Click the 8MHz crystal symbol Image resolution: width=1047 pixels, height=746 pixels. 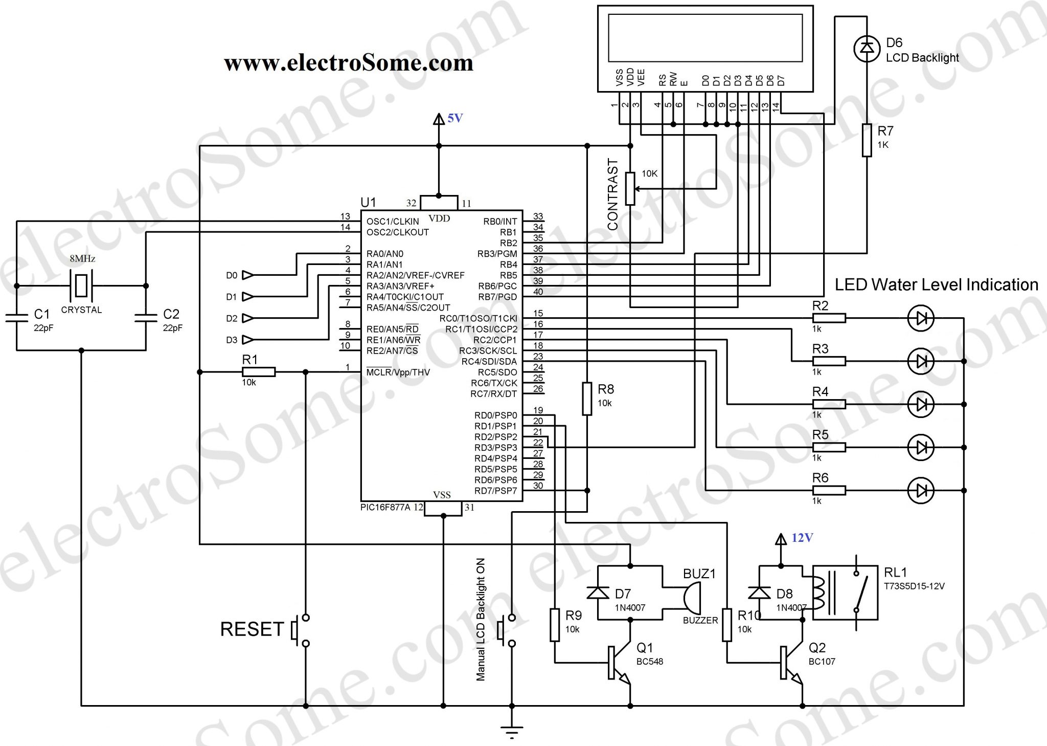tap(81, 286)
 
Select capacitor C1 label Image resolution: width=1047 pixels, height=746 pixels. tap(41, 314)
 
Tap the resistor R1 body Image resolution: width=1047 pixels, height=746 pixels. tap(259, 372)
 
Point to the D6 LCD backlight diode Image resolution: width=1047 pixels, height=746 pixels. tap(867, 48)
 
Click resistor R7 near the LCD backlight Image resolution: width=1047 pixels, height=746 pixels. tap(867, 140)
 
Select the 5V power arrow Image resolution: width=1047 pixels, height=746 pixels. tap(439, 119)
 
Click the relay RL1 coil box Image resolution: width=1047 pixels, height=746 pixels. tap(845, 593)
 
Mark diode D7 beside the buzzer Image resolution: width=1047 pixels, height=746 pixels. tap(598, 593)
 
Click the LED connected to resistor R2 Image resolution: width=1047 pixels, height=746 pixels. tap(921, 318)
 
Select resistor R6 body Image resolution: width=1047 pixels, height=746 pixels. tap(829, 491)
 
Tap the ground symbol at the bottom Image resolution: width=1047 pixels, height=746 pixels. tap(511, 730)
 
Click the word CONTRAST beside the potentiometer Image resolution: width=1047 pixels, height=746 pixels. tap(612, 194)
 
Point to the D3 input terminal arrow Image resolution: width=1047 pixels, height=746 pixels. tap(247, 340)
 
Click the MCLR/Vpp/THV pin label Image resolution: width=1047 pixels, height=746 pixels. tap(398, 372)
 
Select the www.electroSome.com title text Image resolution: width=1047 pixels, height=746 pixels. tap(349, 63)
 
